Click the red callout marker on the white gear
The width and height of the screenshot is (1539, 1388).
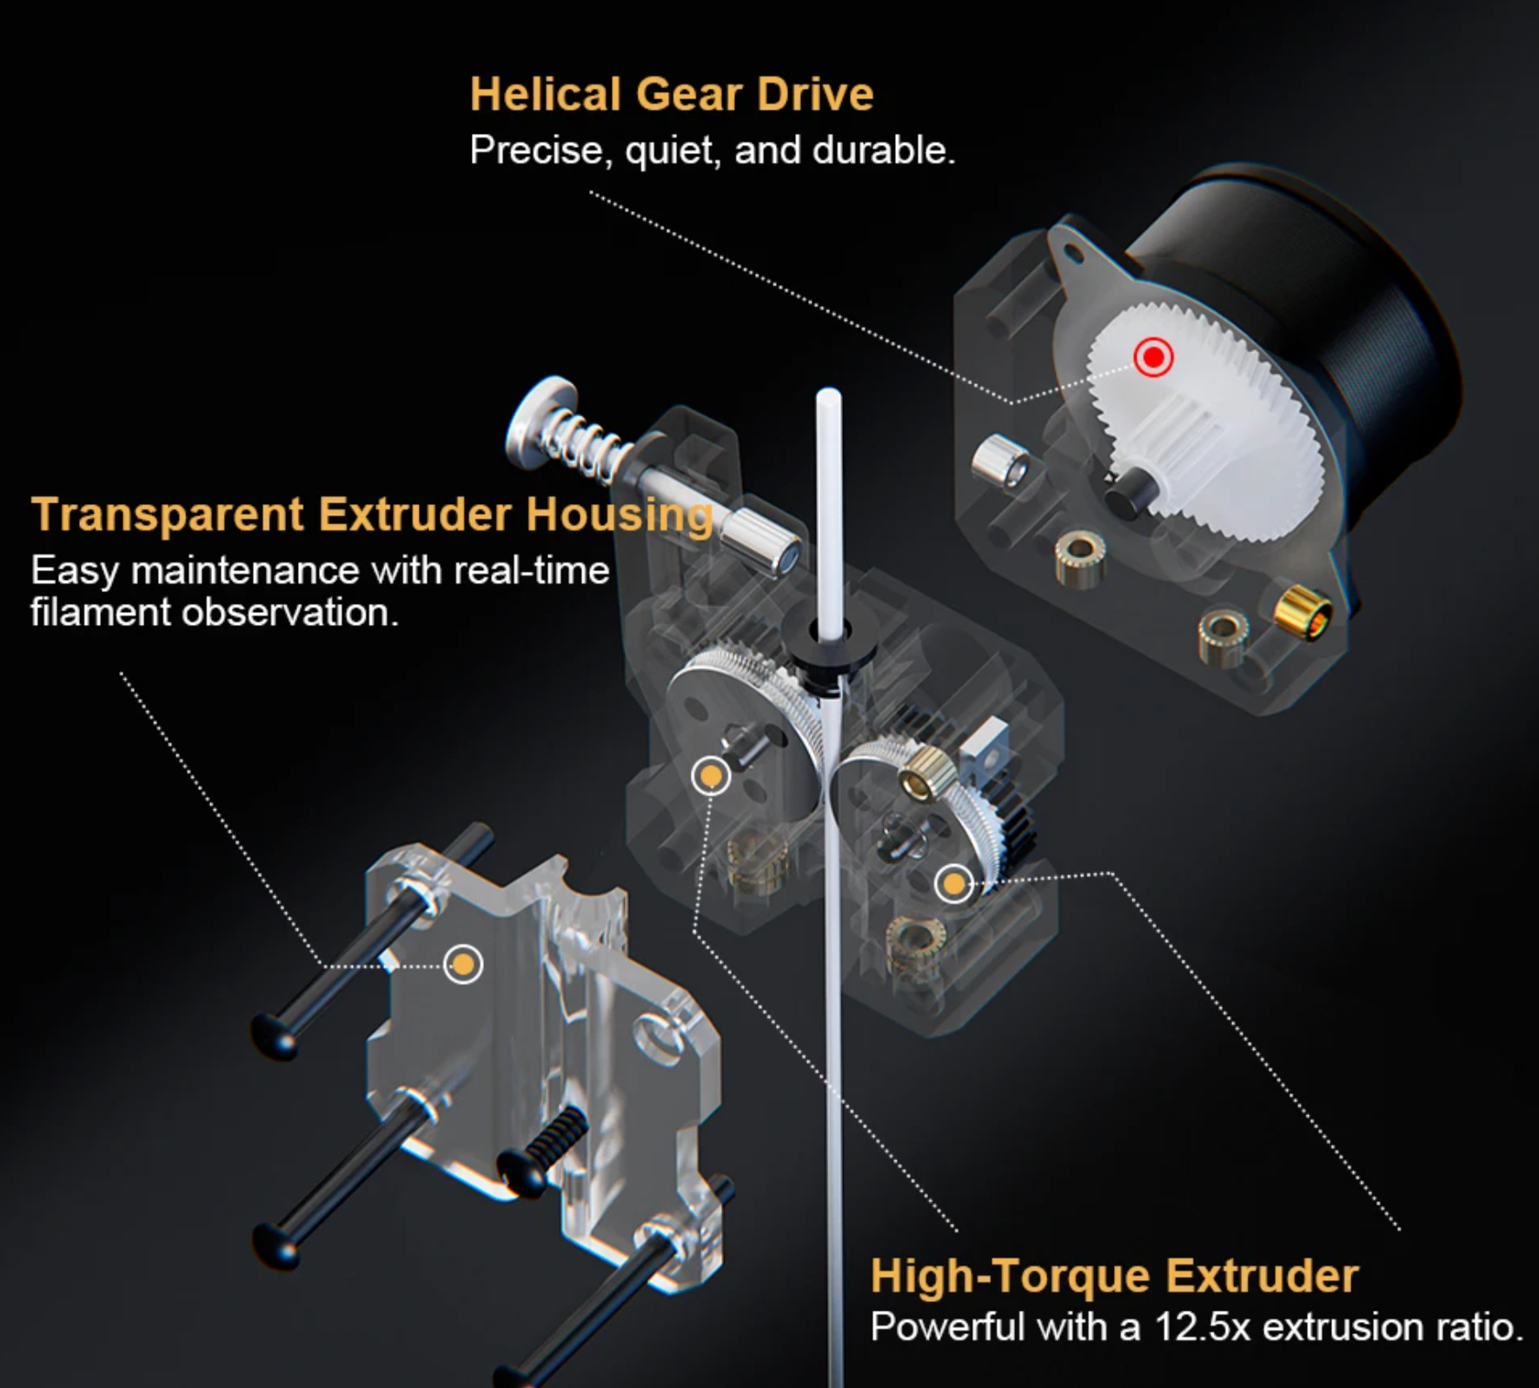tap(1153, 356)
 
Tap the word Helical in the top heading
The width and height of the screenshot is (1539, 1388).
tap(546, 94)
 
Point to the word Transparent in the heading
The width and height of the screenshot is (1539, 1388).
tap(168, 514)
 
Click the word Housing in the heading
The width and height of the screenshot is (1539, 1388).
tap(620, 515)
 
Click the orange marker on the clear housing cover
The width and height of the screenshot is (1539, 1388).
tap(463, 964)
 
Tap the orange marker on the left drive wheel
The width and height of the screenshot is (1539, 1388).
tap(711, 774)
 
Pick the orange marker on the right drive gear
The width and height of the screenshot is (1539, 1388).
tap(954, 884)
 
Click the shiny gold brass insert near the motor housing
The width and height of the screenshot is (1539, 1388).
tap(1303, 612)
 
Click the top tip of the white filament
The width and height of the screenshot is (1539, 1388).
tap(828, 393)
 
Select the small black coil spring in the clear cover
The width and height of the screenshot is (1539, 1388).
tap(556, 1133)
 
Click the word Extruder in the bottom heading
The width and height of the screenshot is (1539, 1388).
tap(1262, 1276)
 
